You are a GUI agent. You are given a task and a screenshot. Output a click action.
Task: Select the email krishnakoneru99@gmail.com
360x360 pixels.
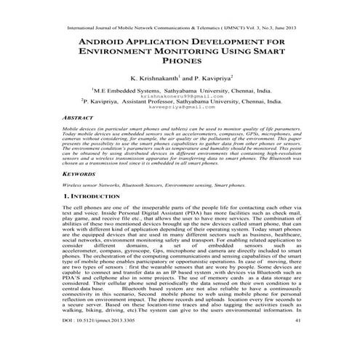(x=180, y=95)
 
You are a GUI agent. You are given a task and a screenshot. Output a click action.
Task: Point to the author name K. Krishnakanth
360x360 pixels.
(x=153, y=77)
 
